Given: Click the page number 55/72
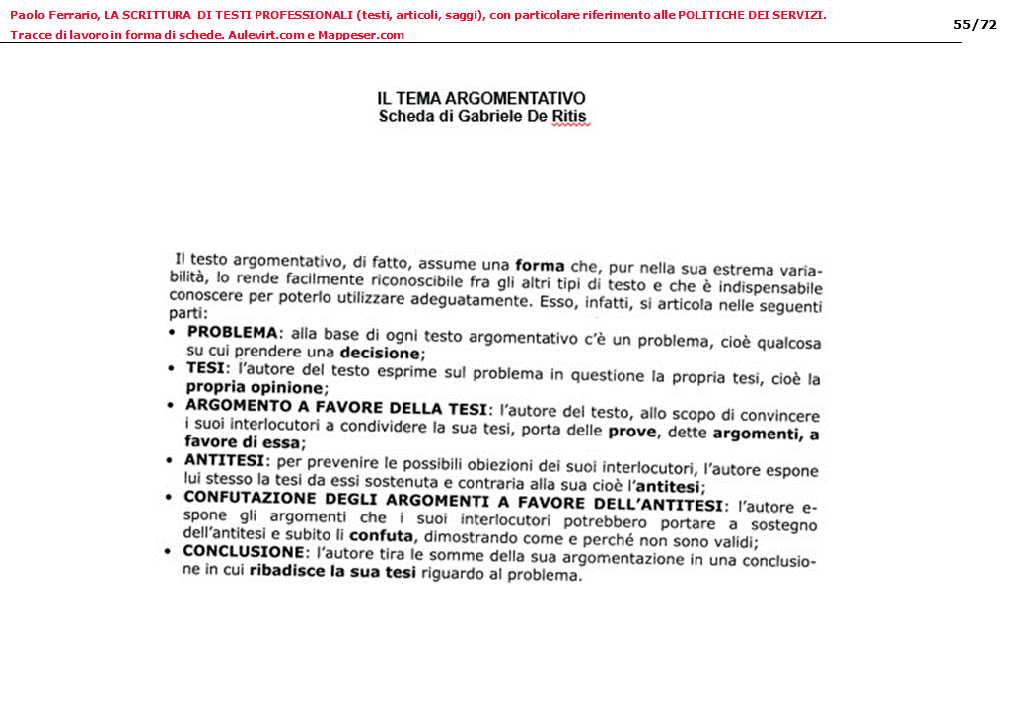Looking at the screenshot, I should [x=975, y=24].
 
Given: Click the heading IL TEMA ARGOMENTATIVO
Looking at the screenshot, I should [x=480, y=99].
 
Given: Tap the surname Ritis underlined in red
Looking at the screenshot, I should [x=569, y=118].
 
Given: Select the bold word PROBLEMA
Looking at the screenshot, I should [x=233, y=332].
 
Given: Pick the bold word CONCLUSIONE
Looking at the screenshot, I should [x=244, y=552].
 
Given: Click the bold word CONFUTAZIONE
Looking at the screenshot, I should [x=250, y=498].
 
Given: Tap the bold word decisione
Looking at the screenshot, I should [x=381, y=353].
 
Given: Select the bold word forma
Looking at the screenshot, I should [x=540, y=266].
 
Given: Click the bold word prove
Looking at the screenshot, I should [x=631, y=432].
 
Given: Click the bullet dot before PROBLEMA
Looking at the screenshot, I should [x=173, y=332].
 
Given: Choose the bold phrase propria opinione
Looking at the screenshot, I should [x=254, y=388].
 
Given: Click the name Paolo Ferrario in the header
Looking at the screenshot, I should [x=53, y=15].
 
